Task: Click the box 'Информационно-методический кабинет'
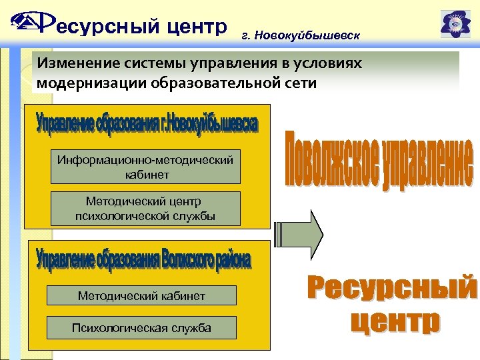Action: [x=145, y=167]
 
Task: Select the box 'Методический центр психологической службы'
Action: [x=145, y=209]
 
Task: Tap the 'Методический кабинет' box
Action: [x=141, y=295]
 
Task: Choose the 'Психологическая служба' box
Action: [x=141, y=327]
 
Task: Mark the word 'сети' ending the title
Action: [x=302, y=83]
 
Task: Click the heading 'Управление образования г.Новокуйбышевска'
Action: [x=146, y=124]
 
